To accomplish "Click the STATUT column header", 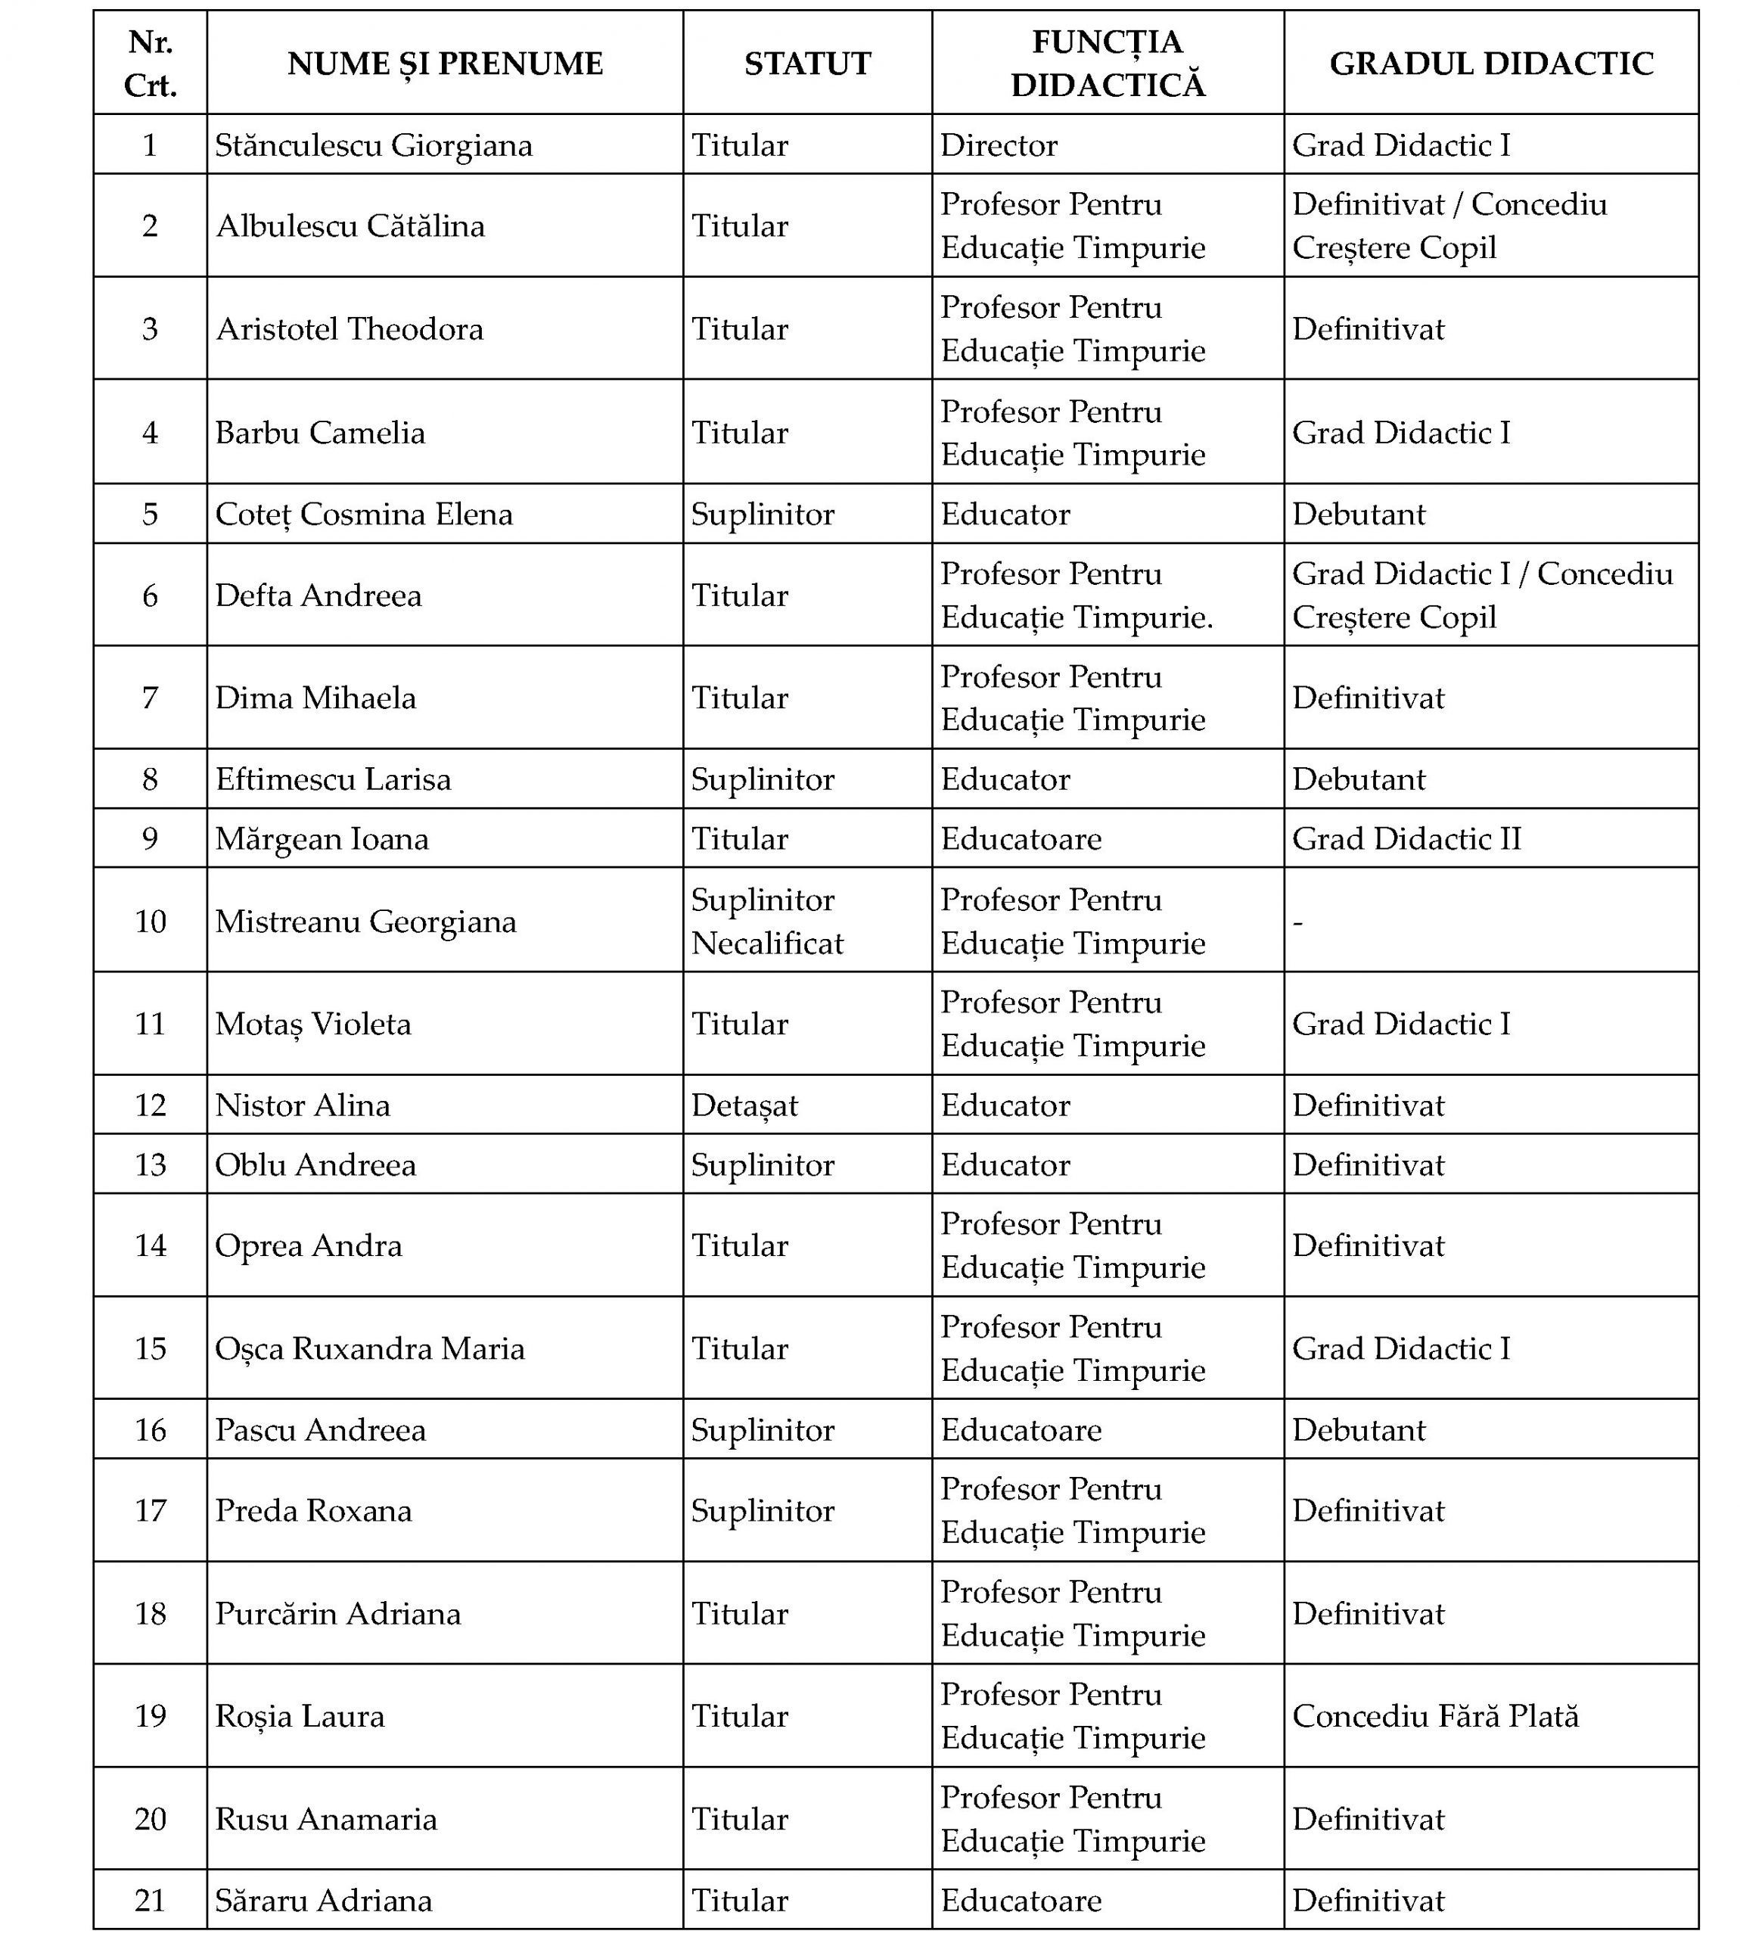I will (x=807, y=63).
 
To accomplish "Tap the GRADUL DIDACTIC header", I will (x=1490, y=63).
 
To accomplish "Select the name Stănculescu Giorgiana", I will (x=373, y=145).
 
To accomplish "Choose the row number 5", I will (x=150, y=515).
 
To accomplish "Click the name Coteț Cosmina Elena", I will (x=363, y=515).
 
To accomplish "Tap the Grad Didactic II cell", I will (x=1406, y=838).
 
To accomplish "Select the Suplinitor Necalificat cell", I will (x=767, y=921).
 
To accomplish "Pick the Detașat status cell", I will (x=744, y=1105).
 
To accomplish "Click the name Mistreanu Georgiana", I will (x=365, y=922).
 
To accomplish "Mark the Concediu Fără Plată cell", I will (x=1435, y=1716).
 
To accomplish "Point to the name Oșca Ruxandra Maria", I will (x=369, y=1348).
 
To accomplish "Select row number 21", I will (x=150, y=1900).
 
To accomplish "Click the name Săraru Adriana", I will (x=323, y=1900).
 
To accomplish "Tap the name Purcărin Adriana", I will (x=337, y=1614).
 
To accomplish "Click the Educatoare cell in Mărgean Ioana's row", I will (x=1020, y=838).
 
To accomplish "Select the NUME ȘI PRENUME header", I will (x=445, y=63).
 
